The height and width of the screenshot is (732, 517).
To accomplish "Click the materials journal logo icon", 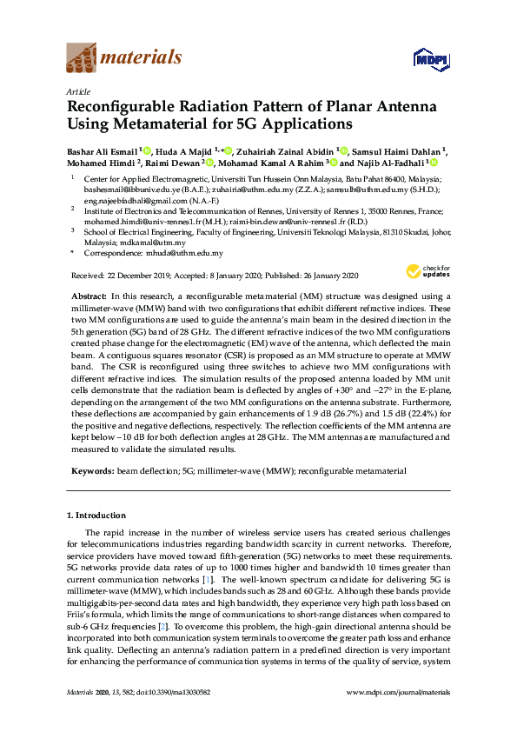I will (x=83, y=58).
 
